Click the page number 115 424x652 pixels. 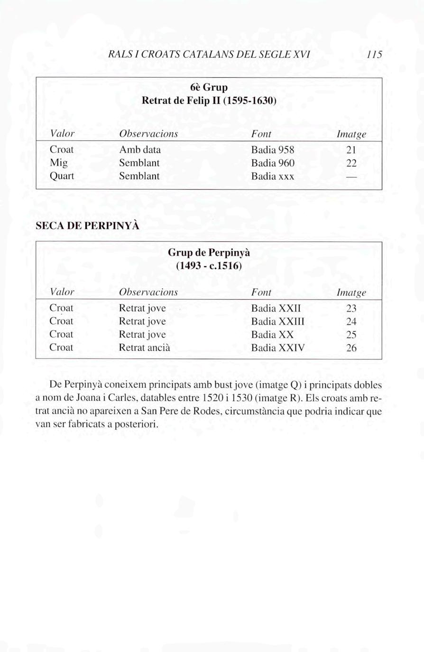click(374, 55)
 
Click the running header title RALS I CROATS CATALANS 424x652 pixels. click(209, 55)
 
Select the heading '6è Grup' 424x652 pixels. click(209, 88)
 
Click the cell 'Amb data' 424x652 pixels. click(140, 150)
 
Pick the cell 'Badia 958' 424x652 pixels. click(273, 150)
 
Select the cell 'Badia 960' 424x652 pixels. click(273, 163)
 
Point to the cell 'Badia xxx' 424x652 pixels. click(273, 176)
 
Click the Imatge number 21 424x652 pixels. click(351, 150)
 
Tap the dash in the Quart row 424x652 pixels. click(351, 176)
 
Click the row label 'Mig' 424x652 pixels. click(58, 163)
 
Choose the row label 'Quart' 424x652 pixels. click(62, 176)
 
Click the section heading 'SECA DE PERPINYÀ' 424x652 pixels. click(88, 226)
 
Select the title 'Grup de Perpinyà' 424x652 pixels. click(209, 252)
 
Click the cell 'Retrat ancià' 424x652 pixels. click(144, 348)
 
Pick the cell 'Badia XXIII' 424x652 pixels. click(278, 321)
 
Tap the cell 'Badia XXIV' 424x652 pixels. click(278, 348)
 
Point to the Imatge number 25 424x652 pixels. click(351, 335)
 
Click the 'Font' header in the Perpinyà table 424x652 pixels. click(261, 293)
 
